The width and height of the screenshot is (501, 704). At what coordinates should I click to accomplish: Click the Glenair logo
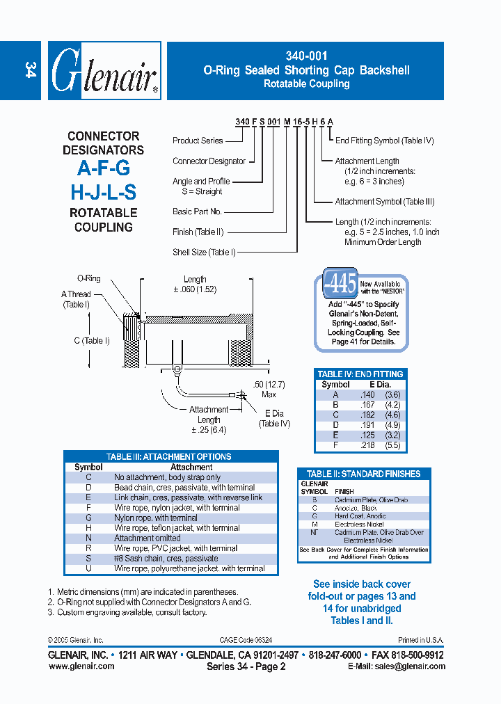coord(104,71)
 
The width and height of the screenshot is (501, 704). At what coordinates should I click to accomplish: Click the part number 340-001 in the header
coord(306,56)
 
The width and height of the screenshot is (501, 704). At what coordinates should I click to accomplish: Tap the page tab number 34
coord(30,70)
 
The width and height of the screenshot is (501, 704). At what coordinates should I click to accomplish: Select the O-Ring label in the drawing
coord(88,278)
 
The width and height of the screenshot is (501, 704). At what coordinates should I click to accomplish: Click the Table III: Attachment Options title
coord(168,456)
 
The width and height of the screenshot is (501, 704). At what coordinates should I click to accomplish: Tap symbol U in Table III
coord(88,568)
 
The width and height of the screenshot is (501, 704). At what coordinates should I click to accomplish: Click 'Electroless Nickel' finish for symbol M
coord(359,524)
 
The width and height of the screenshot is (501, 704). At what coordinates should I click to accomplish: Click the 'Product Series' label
coord(198,141)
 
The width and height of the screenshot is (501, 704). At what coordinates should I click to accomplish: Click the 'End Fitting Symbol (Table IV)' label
coord(384,141)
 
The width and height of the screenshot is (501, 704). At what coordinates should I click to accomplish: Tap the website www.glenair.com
coord(81,666)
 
